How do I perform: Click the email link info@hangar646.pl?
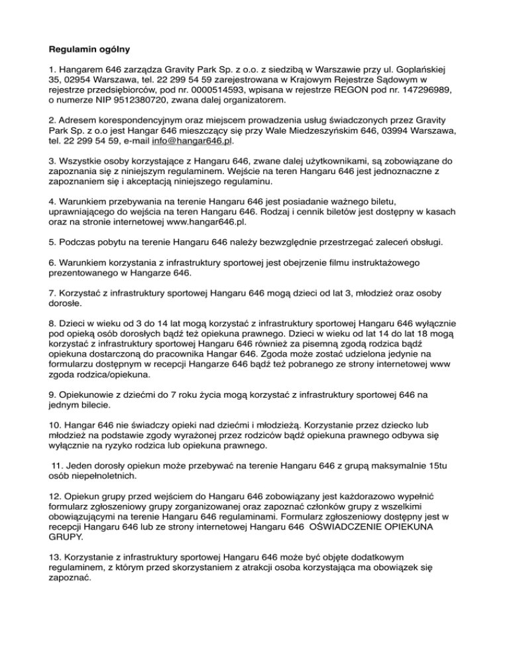click(192, 140)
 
